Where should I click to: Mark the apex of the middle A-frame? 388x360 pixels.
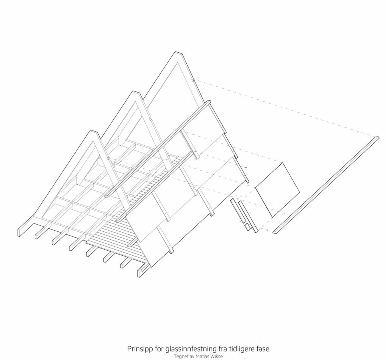(x=135, y=92)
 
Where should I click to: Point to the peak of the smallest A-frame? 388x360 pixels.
(x=93, y=130)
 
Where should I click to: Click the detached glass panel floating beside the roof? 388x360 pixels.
(x=278, y=190)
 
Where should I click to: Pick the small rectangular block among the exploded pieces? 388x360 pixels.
(x=247, y=227)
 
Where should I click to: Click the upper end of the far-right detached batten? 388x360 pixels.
(x=377, y=137)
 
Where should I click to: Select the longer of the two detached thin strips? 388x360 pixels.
(x=248, y=217)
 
